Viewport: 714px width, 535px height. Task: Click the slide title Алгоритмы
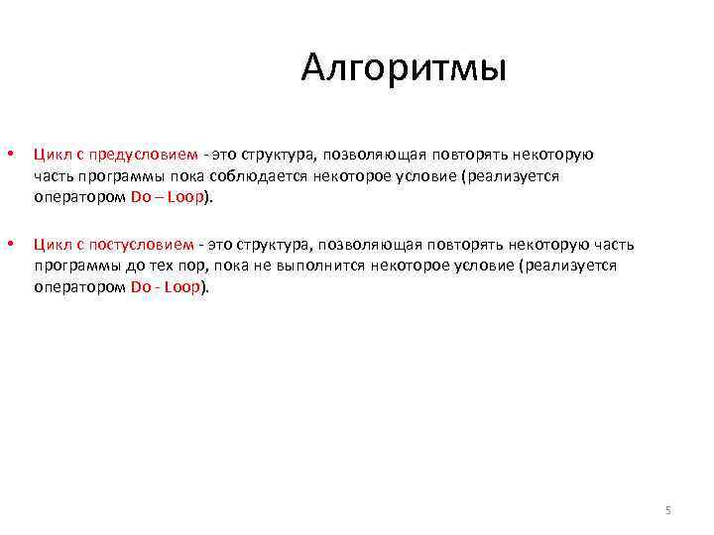[405, 68]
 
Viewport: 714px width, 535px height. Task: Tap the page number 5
[668, 510]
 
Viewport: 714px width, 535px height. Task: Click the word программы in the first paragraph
[115, 175]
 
